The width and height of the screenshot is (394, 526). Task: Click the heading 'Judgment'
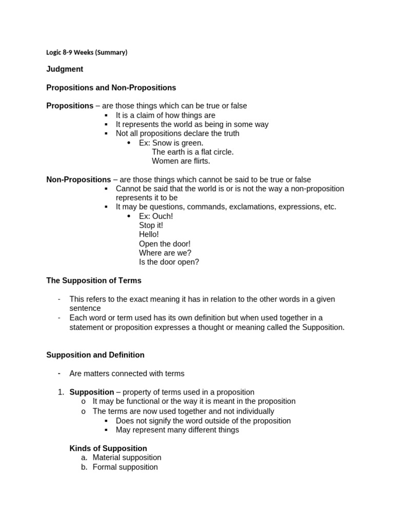tap(65, 69)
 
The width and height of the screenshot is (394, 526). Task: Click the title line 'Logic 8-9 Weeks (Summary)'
tap(87, 52)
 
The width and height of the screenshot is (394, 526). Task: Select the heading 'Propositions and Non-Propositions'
tap(111, 88)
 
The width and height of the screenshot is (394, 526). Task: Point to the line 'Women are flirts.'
tap(181, 161)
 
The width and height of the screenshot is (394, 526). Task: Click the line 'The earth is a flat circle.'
tap(192, 152)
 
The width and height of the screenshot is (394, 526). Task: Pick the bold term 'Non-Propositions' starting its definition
tap(78, 180)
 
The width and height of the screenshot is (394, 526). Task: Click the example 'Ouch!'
tap(163, 216)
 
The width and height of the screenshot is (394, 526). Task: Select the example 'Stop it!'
tap(151, 226)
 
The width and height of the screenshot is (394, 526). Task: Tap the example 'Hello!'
tap(149, 235)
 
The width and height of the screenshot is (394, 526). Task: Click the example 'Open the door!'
tap(165, 244)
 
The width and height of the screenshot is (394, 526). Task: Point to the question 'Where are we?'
tap(165, 253)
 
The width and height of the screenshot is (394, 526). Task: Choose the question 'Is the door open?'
tap(169, 262)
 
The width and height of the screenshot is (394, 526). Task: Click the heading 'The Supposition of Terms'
tap(94, 281)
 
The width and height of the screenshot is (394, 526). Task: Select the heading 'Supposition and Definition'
tap(95, 355)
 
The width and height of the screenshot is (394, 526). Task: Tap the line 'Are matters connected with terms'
tap(127, 373)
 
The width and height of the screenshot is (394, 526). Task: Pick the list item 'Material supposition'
tap(127, 458)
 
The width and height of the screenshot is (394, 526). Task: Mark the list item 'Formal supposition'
tap(125, 467)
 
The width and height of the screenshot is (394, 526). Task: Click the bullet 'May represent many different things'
tap(177, 430)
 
